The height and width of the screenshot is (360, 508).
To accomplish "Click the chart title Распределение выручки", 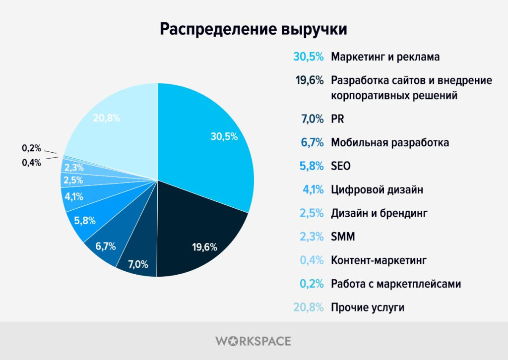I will [x=254, y=29].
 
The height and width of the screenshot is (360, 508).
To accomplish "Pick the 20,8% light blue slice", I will [x=114, y=124].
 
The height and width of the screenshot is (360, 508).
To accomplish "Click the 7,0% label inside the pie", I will [x=138, y=264].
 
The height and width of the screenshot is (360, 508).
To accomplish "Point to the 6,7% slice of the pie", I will [x=106, y=246].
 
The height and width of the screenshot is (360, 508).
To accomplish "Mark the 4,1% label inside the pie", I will [x=73, y=196].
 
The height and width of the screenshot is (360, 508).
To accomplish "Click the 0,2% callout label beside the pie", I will [x=31, y=148].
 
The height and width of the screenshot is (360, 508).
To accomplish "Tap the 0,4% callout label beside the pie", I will [x=31, y=162].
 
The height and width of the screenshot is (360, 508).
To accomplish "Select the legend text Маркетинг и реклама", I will [x=385, y=57].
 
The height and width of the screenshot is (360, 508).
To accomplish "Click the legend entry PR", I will [x=337, y=119].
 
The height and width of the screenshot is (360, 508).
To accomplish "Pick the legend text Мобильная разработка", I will [x=390, y=143].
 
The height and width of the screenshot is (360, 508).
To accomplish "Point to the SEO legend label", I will [x=341, y=166].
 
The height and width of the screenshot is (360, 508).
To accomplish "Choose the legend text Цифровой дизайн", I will [x=377, y=189].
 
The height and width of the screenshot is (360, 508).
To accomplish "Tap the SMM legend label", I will [x=343, y=237].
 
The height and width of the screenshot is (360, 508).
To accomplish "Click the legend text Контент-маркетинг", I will [x=379, y=260].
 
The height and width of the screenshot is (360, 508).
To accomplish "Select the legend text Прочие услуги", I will [x=368, y=307].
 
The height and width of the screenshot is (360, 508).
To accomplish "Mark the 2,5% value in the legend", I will [x=311, y=213].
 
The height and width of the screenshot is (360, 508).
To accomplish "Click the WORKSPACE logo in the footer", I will [x=253, y=341].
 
